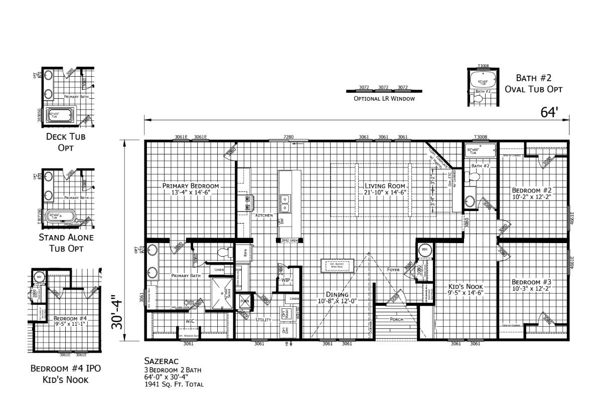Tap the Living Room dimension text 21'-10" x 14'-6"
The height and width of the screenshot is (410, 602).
point(385,192)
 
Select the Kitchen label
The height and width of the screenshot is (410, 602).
point(264,215)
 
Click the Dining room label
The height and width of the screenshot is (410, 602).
point(337,295)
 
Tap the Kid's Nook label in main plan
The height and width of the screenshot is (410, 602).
point(462,287)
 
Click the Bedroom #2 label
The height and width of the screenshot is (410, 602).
point(532,190)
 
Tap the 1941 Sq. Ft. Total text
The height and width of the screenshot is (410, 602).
point(174,384)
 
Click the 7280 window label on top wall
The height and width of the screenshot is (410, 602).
point(288,137)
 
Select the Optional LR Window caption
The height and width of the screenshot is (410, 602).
point(384,99)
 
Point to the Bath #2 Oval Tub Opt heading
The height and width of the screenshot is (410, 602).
point(533,84)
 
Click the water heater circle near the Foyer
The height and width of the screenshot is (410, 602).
point(424,250)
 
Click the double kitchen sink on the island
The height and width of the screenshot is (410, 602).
point(285,203)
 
